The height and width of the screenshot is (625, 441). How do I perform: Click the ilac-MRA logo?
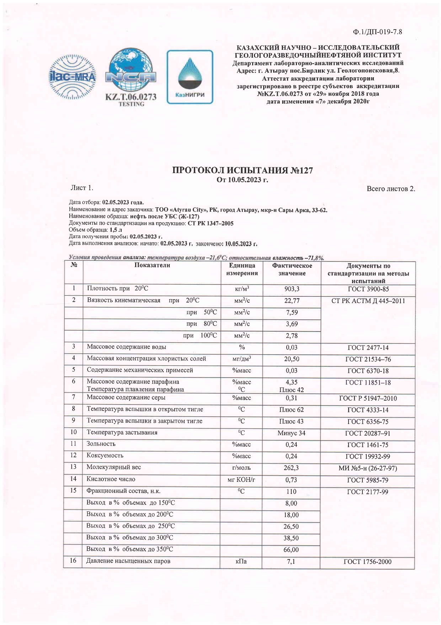point(72,77)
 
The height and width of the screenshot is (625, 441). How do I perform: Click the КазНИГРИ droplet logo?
point(190,77)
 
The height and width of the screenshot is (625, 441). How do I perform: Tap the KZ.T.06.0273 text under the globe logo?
point(131,97)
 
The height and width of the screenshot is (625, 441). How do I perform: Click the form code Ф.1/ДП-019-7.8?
point(377,32)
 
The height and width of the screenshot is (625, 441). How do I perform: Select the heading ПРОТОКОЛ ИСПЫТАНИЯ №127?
point(243,170)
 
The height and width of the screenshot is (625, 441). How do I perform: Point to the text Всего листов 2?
point(391,189)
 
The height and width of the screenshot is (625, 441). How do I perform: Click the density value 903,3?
point(292,289)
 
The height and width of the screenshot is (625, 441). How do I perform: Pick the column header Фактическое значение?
point(292,270)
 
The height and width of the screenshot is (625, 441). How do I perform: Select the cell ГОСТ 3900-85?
point(368,289)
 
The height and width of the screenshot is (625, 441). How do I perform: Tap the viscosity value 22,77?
point(292,301)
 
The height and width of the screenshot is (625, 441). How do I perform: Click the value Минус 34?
point(291,433)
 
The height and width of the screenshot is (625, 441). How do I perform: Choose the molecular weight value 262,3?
point(291,468)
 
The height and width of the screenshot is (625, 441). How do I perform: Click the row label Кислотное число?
point(111,479)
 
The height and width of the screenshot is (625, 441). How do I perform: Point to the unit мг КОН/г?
point(241,480)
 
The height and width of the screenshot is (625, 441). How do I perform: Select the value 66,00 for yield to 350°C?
point(291,550)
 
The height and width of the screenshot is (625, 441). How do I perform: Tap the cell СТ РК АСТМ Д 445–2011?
point(368,301)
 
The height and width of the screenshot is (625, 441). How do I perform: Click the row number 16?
point(73,561)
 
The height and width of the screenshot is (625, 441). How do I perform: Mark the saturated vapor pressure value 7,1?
point(291,562)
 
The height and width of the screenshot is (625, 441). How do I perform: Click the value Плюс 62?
point(291,410)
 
